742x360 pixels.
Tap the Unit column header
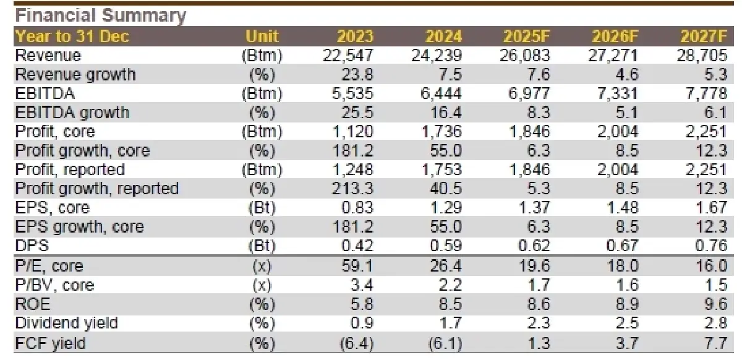click(x=262, y=36)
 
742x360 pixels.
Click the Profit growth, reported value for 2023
click(x=356, y=189)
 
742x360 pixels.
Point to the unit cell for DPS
click(x=262, y=246)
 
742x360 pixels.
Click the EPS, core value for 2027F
click(x=710, y=208)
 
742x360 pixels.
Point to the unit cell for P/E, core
click(x=262, y=266)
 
